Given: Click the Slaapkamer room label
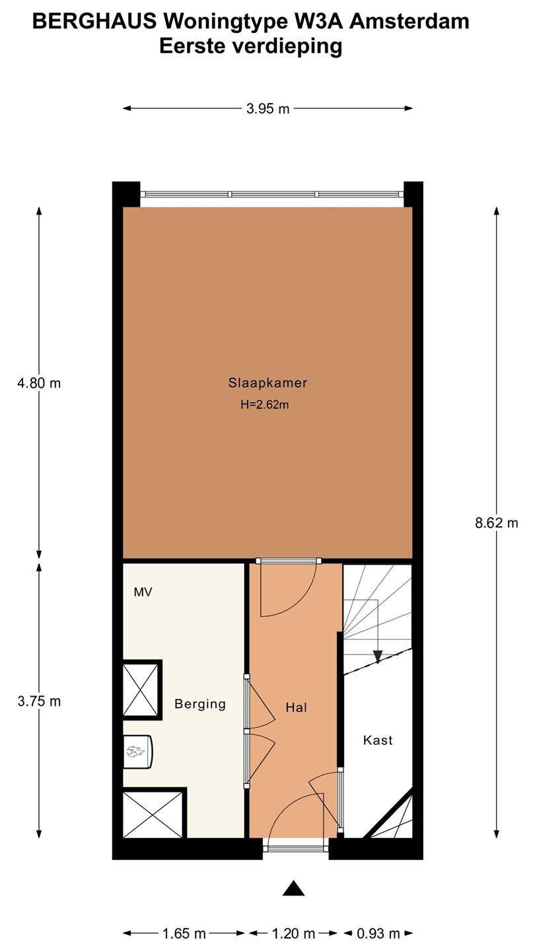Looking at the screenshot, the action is [x=267, y=383].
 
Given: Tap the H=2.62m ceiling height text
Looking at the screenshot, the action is [x=264, y=405].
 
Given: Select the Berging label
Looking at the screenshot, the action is [x=200, y=704].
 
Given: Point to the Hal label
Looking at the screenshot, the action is [x=296, y=707].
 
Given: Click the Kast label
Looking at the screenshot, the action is [x=378, y=740].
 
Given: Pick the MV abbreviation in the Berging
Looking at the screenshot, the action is [x=143, y=592].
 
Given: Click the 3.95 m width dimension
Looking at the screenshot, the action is [x=268, y=109].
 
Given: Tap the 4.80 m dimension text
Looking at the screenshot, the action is [x=39, y=383].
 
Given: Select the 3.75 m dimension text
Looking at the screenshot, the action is [x=39, y=701].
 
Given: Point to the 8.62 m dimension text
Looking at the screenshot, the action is [x=497, y=523].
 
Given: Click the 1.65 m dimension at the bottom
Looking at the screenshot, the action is [x=184, y=934].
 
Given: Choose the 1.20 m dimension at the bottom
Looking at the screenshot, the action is [x=293, y=934].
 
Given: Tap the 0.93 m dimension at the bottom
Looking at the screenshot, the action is [x=378, y=934].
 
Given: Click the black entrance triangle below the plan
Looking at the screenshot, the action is [x=294, y=889].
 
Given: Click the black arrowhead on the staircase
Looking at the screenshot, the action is [x=378, y=656].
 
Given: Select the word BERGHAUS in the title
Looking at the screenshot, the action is [x=94, y=22].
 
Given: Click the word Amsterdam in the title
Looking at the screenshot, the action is [x=410, y=22].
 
